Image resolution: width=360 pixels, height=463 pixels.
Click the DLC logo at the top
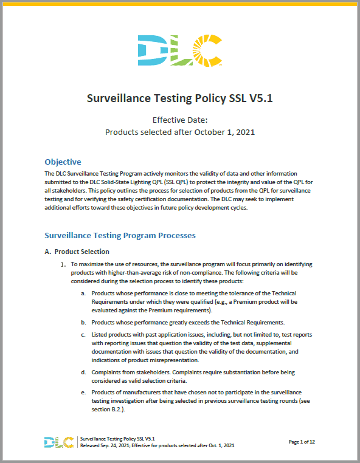click(180, 50)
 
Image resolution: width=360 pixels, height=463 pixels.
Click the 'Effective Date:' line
click(179, 120)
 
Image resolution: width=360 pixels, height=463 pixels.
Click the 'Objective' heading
click(63, 162)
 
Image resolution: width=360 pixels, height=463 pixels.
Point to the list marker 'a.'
click(83, 294)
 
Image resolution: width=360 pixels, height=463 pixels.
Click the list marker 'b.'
click(83, 322)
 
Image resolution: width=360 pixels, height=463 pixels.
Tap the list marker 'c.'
click(83, 335)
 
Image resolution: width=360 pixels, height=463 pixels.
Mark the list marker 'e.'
click(83, 392)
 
